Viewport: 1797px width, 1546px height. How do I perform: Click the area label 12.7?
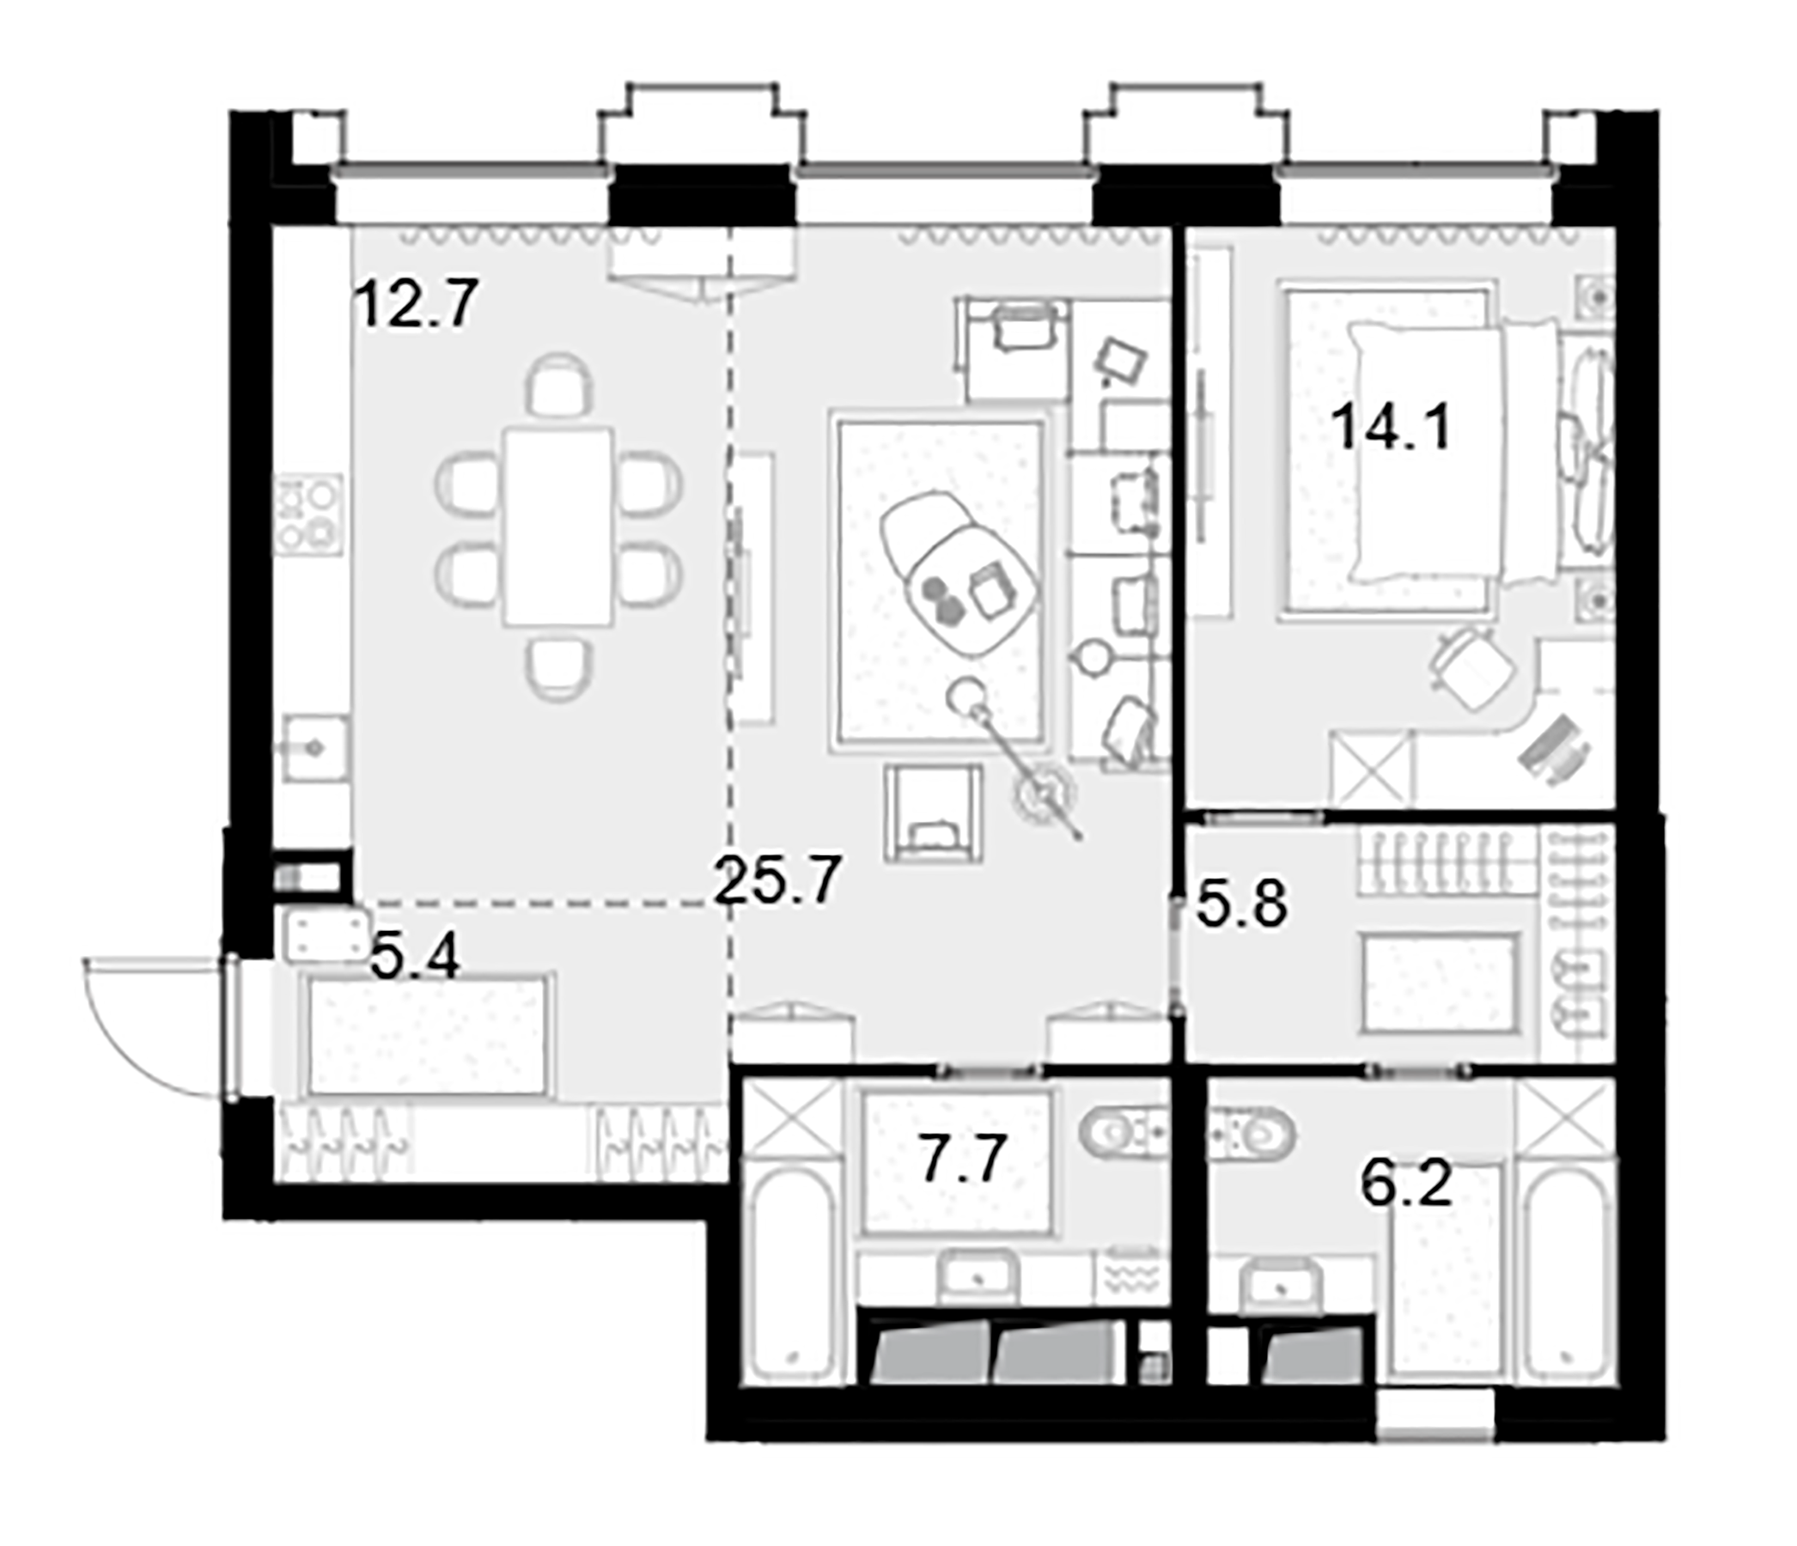click(x=417, y=304)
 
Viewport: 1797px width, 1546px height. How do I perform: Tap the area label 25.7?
click(x=777, y=880)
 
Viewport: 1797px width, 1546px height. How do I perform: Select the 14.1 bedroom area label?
click(x=1391, y=429)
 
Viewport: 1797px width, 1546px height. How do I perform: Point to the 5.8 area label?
click(x=1241, y=905)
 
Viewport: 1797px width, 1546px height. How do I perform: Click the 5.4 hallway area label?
click(x=414, y=959)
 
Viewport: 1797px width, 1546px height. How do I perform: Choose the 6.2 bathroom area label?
click(x=1406, y=1186)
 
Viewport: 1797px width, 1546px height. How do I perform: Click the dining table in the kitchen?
click(x=559, y=526)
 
